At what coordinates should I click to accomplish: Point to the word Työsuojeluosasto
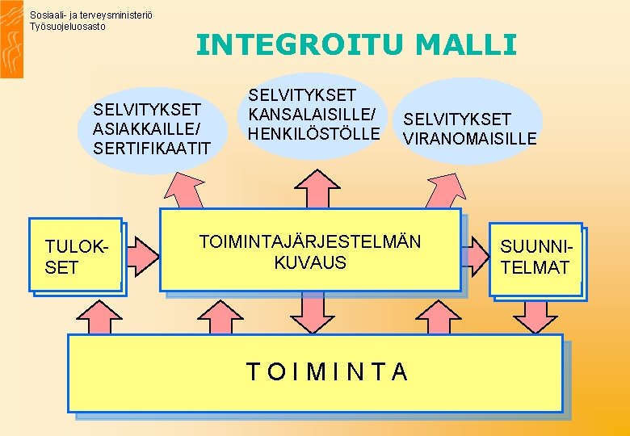[67, 27]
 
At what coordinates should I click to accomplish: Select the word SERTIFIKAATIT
[152, 149]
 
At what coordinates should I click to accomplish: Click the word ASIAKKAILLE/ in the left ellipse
[146, 129]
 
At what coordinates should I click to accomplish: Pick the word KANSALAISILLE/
[312, 114]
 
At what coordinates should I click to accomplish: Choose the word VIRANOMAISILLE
[469, 139]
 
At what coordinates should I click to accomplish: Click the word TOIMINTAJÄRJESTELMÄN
[309, 241]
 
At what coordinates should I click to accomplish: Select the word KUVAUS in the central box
[309, 262]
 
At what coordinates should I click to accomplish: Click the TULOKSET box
[74, 256]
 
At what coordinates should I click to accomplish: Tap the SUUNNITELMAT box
[535, 258]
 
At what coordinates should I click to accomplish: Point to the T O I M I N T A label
[326, 371]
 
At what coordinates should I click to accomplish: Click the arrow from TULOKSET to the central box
[144, 255]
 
